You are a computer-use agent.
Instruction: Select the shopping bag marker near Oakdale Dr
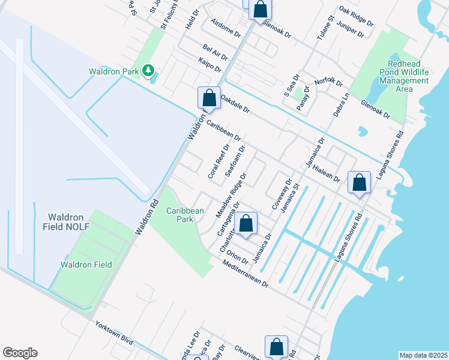[x=208, y=98]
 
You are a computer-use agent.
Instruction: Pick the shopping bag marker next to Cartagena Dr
[x=246, y=223]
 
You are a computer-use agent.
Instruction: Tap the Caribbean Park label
[x=185, y=215]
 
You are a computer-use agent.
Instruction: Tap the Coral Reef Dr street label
[x=218, y=161]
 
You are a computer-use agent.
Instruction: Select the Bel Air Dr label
[x=215, y=52]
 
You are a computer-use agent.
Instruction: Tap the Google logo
[x=20, y=353]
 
